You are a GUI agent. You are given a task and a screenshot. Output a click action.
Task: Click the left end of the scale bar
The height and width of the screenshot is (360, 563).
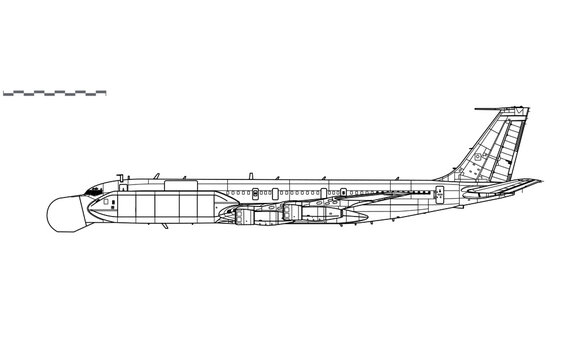4,93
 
